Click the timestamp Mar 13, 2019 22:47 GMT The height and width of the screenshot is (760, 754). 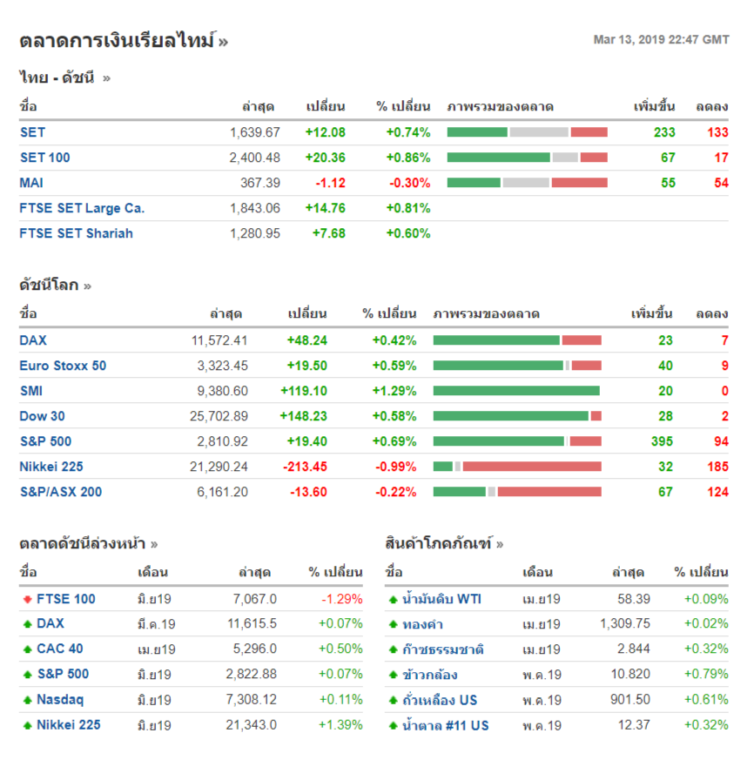[x=661, y=40]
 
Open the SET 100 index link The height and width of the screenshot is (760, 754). [x=45, y=158]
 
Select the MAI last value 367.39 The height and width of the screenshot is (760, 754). [x=259, y=183]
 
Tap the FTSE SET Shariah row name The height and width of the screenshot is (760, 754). [x=77, y=233]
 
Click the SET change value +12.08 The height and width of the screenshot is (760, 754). [x=325, y=132]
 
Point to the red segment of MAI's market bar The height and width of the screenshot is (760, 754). [x=579, y=183]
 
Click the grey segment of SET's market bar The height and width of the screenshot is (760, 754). [x=538, y=132]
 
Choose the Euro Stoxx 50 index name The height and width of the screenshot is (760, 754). [x=63, y=366]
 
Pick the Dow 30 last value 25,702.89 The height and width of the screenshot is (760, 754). [x=219, y=416]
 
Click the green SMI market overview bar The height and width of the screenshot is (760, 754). [x=516, y=391]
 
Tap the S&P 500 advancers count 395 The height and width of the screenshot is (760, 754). [x=662, y=441]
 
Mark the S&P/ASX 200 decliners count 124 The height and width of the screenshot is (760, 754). [x=717, y=492]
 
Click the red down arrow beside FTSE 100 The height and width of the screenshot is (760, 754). [x=27, y=599]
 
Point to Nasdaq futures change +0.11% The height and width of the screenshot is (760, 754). [x=340, y=699]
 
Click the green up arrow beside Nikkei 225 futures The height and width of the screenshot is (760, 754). [x=27, y=724]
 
